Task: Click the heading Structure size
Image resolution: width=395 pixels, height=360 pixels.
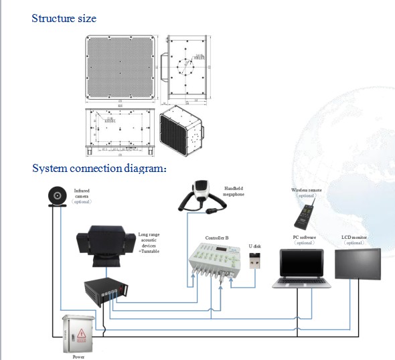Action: [64, 18]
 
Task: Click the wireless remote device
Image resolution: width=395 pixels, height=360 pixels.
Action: [303, 215]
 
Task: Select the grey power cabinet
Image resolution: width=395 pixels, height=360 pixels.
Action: [78, 333]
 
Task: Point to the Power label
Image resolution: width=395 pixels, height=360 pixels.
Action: [78, 357]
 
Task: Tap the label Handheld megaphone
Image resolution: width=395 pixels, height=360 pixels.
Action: [234, 191]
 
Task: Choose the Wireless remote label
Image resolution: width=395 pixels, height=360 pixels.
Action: [305, 190]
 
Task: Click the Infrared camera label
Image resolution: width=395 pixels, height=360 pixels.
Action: [82, 193]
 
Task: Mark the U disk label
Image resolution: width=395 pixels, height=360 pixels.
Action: [255, 245]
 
